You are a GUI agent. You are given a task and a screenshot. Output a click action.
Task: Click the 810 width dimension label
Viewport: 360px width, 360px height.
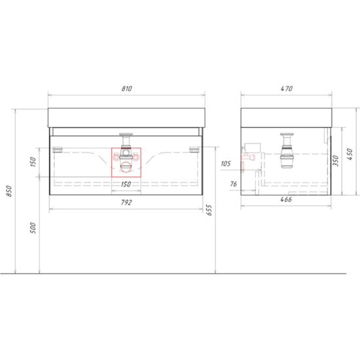click(x=127, y=88)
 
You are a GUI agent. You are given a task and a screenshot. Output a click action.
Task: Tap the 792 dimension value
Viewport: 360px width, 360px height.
click(x=126, y=202)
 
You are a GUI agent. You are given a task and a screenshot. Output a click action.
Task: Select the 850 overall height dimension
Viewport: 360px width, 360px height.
click(x=9, y=191)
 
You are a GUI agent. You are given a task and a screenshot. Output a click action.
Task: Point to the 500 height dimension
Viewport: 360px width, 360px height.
click(x=33, y=228)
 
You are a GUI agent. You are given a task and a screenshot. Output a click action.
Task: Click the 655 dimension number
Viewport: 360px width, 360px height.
click(x=209, y=210)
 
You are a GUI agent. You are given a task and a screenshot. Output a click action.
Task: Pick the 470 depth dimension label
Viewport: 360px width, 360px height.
click(x=287, y=88)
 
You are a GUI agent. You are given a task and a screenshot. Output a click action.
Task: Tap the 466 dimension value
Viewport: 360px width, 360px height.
click(x=286, y=199)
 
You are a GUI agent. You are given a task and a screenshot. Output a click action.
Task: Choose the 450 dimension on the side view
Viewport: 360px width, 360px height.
click(x=350, y=154)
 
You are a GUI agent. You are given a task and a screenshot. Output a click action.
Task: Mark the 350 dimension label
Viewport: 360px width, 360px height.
click(x=335, y=161)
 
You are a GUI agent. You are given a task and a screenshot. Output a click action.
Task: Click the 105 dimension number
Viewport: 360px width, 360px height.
click(x=225, y=164)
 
